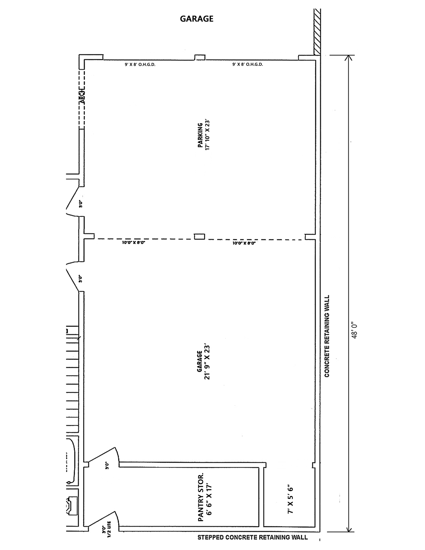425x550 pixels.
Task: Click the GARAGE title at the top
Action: (197, 19)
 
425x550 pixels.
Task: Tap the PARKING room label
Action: (201, 135)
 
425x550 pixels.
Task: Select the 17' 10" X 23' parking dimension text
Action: (207, 135)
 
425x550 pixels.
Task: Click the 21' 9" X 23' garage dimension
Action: (207, 362)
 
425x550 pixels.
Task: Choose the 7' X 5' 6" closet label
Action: (290, 500)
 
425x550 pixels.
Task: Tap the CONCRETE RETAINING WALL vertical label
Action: (327, 336)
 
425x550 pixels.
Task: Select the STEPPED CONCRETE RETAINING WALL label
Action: (252, 537)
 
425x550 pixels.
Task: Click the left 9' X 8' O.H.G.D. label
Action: (140, 65)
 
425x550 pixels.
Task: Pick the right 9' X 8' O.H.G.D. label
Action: (247, 65)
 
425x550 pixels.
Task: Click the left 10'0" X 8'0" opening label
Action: (133, 243)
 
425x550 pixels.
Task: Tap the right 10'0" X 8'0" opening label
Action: (244, 243)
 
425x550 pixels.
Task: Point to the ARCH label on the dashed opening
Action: (82, 97)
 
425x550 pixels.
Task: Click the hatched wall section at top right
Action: (317, 32)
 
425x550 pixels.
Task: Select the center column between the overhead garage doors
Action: (200, 57)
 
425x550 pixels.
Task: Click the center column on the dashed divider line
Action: (199, 236)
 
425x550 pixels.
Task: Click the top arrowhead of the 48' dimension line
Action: (349, 58)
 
